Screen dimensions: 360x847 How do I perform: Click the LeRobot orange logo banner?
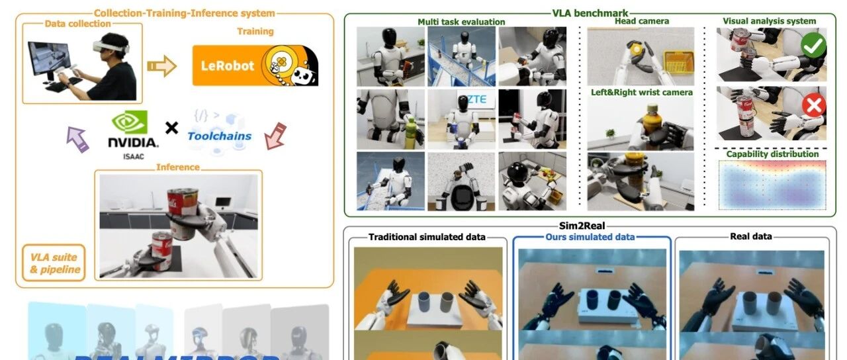(x=255, y=66)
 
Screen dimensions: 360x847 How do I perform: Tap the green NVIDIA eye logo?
(x=130, y=122)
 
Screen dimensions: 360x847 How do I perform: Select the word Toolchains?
(x=220, y=136)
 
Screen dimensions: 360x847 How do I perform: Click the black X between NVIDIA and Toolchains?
(x=171, y=128)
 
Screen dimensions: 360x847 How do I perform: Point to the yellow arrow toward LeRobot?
(x=161, y=66)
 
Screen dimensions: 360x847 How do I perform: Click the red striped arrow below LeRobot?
(x=275, y=135)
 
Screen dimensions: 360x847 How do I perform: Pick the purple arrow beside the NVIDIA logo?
(x=77, y=138)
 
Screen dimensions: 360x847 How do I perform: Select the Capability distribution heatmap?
(x=772, y=183)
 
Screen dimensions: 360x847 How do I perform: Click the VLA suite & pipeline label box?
(x=54, y=263)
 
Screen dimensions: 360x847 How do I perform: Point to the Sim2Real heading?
(x=589, y=225)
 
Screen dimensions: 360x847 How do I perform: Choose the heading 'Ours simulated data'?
(x=590, y=237)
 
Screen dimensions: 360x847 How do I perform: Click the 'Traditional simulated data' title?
(x=427, y=237)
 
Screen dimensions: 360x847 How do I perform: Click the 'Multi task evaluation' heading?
(x=461, y=22)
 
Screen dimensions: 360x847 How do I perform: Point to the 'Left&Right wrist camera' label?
(x=641, y=93)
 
